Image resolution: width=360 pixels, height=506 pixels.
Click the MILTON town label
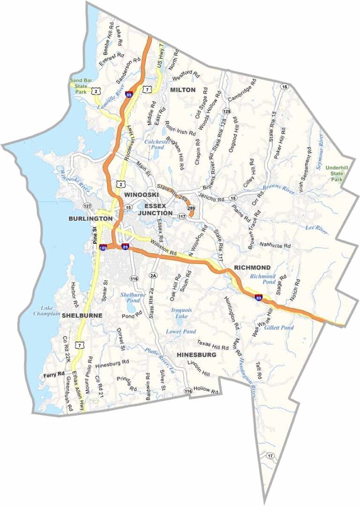pos(183,90)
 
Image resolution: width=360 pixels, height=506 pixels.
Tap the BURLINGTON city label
pos(90,219)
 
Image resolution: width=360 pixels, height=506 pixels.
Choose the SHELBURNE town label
pos(82,316)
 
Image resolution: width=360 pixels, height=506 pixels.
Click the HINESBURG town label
pos(197,355)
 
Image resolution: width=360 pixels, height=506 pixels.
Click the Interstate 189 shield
pos(103,247)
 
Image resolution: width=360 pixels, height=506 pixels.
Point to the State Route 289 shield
pos(191,208)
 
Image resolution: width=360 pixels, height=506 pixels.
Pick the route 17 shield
pos(270,456)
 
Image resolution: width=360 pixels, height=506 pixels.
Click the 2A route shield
pos(153,275)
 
